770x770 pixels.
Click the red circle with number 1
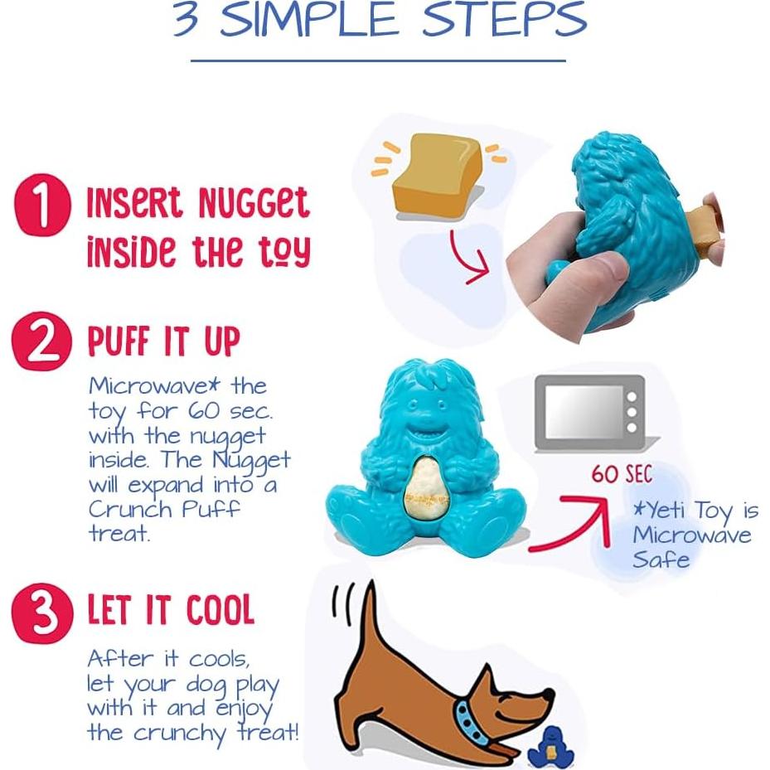click(42, 206)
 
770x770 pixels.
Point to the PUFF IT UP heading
click(164, 342)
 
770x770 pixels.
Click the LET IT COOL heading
click(170, 611)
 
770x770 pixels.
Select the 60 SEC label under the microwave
click(621, 475)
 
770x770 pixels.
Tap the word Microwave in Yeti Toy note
click(692, 535)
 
